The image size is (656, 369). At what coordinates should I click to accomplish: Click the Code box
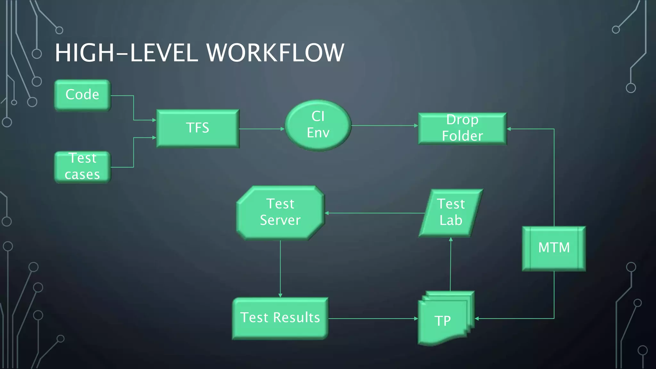82,95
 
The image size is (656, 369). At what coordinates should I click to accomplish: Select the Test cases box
82,167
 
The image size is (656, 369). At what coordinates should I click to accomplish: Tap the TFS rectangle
198,128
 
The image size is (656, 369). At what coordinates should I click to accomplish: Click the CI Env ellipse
318,125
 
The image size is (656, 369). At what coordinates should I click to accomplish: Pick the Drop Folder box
462,128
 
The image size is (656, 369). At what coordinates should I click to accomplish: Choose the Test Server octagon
280,212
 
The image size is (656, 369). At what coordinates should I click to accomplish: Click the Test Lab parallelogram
451,213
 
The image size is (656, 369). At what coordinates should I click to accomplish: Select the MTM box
554,248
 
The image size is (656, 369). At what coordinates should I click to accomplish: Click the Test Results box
280,318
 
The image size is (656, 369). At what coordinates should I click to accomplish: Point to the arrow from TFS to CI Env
261,129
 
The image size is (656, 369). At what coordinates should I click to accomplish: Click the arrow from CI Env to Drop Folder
384,126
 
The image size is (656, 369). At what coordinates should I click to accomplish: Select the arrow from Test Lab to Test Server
375,213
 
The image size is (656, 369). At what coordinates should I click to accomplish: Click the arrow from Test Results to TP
373,318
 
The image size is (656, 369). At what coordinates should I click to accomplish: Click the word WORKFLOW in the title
275,53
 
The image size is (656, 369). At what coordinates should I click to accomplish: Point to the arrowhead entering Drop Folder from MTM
509,129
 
